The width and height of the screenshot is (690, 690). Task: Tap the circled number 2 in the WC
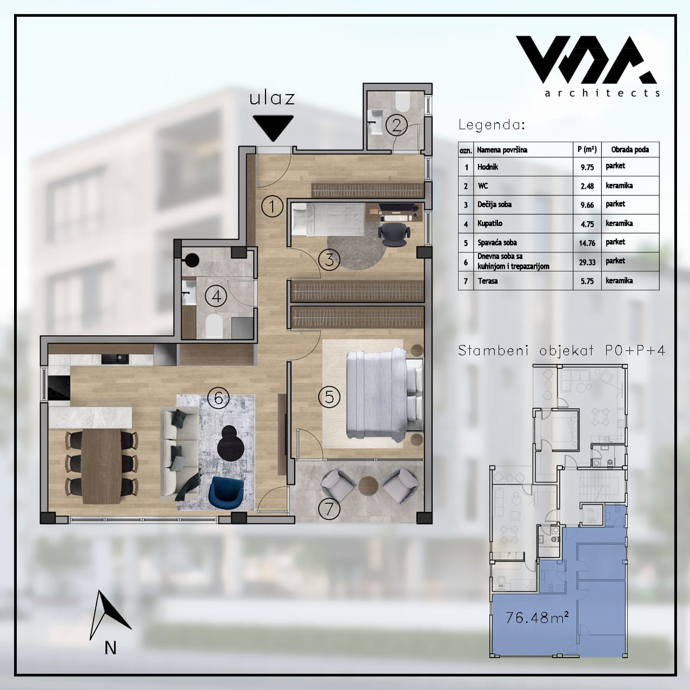point(396,125)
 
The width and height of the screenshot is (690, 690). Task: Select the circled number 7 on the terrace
point(329,509)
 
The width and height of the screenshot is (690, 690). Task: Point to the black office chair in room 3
point(393,233)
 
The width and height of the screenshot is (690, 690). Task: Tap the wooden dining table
point(101,466)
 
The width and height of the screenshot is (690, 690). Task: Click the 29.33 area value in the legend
point(587,262)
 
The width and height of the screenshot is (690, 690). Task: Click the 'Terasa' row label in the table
point(488,281)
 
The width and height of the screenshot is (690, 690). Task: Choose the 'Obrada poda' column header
point(630,150)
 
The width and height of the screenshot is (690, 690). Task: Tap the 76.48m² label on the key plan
point(537,617)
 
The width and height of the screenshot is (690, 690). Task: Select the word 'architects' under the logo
point(602,93)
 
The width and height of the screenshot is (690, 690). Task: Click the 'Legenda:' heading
point(492,124)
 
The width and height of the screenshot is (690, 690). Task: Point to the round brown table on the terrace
point(368,486)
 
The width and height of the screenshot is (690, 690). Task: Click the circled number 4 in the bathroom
point(216,296)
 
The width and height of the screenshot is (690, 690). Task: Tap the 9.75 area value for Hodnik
point(587,167)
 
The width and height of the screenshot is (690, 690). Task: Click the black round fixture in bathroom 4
point(192,260)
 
